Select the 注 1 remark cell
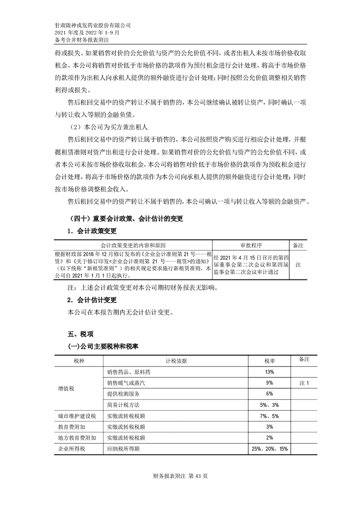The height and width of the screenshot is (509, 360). click(x=304, y=383)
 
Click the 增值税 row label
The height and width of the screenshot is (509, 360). click(x=66, y=388)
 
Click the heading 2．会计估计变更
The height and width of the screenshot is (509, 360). click(x=92, y=300)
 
